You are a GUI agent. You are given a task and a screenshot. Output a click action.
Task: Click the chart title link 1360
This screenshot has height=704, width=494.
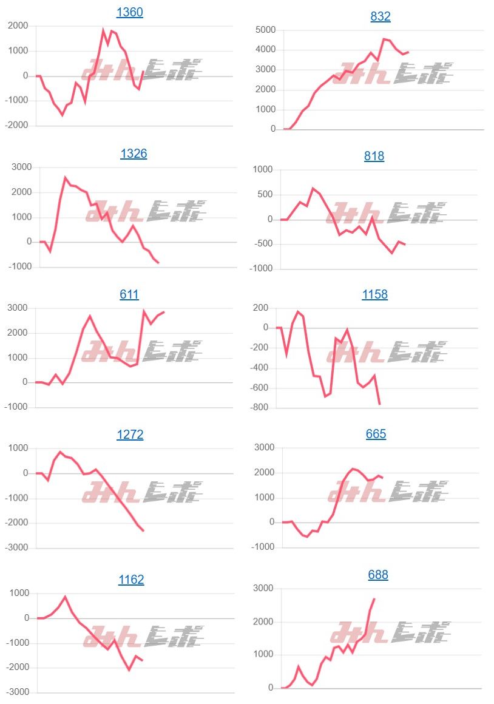click(129, 12)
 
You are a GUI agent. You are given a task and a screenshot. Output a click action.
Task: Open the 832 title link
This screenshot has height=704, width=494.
click(381, 16)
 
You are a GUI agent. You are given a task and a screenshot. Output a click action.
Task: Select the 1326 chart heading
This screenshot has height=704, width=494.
click(134, 154)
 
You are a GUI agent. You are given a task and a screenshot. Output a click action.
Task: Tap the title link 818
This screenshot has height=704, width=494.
click(374, 156)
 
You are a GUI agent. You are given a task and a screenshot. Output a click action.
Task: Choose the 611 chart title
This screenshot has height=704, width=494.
click(129, 294)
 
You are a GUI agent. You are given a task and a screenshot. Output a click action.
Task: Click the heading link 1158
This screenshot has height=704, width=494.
click(374, 294)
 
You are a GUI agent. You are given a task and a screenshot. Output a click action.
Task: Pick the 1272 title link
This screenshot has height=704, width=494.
click(130, 435)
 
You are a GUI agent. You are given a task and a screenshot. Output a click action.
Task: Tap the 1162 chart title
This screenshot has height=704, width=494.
click(131, 580)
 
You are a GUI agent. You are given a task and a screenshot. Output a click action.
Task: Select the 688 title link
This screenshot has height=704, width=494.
click(378, 575)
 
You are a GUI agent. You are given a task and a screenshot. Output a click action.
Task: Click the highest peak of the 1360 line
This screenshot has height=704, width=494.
click(103, 30)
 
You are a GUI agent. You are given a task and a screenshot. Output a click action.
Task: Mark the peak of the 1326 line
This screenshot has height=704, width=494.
click(65, 178)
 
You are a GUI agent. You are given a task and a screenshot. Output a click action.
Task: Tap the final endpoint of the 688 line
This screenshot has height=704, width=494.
click(374, 599)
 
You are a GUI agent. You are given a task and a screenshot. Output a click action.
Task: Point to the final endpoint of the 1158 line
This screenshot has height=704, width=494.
click(380, 404)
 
